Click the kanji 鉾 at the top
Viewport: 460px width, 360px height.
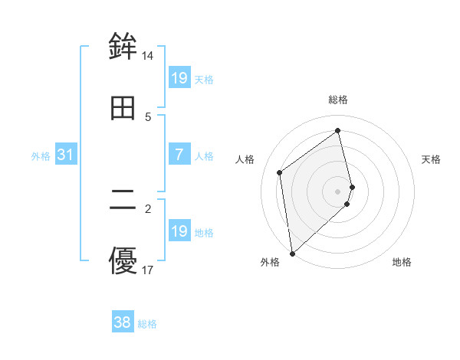(x=123, y=46)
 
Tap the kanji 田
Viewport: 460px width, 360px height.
(x=123, y=109)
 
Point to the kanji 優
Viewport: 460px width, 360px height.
(x=123, y=260)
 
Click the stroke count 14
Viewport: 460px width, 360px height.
(x=148, y=56)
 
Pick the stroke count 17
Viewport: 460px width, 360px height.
(x=148, y=270)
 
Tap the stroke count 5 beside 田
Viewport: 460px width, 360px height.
(x=148, y=117)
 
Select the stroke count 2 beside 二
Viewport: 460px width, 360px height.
(x=148, y=208)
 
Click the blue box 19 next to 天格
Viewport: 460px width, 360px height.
(x=179, y=78)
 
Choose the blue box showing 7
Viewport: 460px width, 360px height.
(x=179, y=155)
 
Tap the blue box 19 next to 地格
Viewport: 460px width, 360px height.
(x=179, y=231)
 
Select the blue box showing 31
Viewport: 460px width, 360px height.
(x=66, y=155)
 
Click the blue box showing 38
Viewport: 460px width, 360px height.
(x=123, y=322)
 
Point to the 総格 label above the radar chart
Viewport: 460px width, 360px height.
(x=338, y=100)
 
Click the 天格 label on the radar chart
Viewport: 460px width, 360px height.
(x=431, y=159)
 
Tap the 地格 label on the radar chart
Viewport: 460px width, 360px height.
(x=402, y=262)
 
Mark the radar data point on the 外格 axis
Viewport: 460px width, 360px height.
(x=291, y=253)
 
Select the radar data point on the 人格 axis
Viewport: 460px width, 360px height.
(x=280, y=172)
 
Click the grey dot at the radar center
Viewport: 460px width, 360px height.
(x=338, y=191)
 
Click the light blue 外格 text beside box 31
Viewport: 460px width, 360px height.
(x=41, y=155)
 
